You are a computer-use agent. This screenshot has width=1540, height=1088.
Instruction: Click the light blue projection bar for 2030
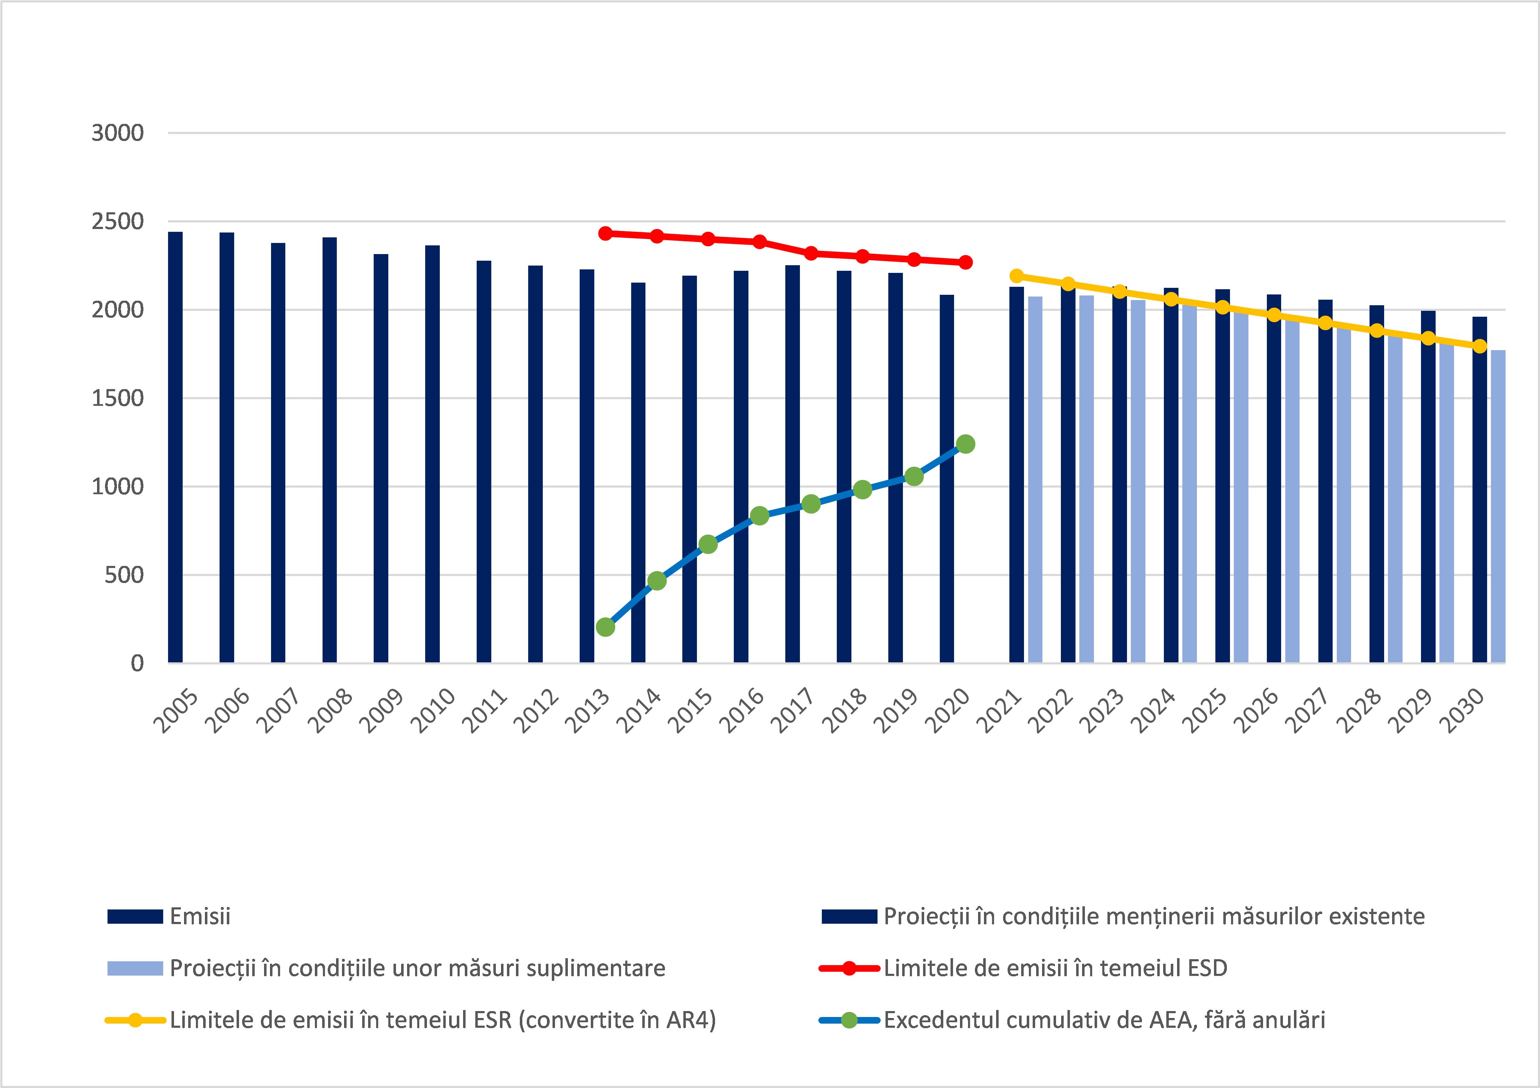click(1498, 506)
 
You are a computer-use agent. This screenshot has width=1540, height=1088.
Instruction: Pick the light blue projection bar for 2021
click(1035, 480)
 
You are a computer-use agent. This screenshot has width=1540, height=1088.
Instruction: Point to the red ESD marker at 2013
click(605, 234)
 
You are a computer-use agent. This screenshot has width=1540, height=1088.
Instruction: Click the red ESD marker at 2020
click(965, 262)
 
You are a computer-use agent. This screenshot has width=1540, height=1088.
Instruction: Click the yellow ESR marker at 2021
click(1017, 276)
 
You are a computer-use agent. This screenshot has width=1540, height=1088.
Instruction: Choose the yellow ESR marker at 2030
click(1480, 346)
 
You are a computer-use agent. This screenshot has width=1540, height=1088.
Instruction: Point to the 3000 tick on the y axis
click(118, 133)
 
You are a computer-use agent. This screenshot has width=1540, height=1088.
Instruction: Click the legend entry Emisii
click(200, 916)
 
